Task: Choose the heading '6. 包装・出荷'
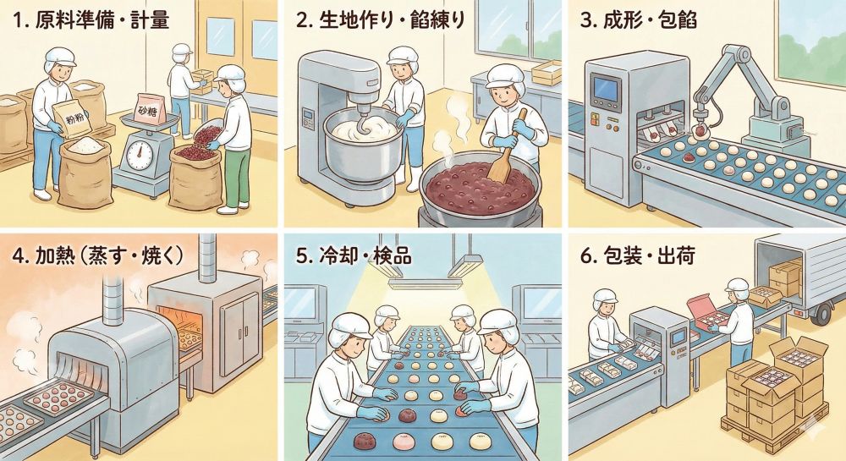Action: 634,255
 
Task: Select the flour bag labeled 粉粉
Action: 69,116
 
